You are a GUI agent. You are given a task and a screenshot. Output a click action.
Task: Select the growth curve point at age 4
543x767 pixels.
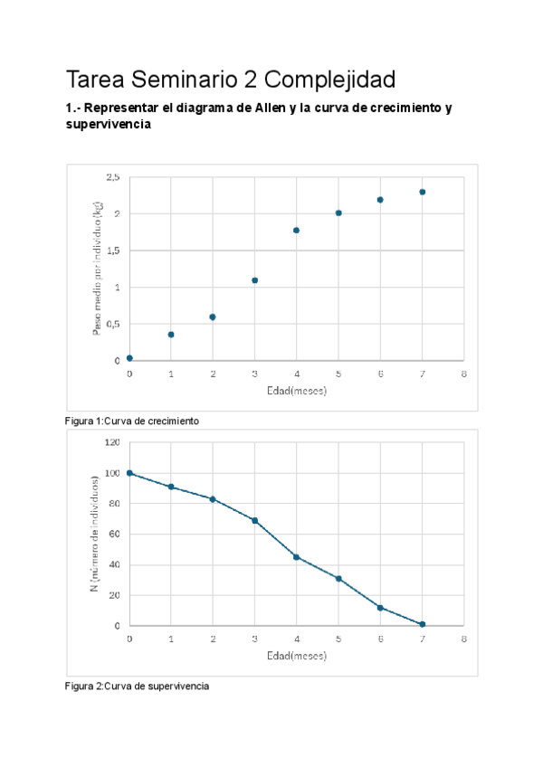tap(297, 231)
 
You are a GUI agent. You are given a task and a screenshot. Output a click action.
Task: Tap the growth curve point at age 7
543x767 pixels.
tap(422, 192)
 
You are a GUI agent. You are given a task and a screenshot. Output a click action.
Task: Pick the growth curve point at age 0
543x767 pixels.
tap(129, 358)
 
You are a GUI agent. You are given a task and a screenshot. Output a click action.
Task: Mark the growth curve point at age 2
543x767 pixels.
tap(213, 317)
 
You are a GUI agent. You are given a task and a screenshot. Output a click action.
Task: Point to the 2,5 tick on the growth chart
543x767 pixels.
tap(113, 177)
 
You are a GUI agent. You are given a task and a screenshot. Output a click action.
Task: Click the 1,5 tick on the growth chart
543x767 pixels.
tap(113, 251)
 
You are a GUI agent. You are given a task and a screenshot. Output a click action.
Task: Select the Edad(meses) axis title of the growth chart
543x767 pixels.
tap(296, 392)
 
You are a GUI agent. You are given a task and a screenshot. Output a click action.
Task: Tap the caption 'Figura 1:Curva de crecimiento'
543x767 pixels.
tap(132, 421)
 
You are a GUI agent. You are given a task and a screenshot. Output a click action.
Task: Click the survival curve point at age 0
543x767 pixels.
tap(129, 473)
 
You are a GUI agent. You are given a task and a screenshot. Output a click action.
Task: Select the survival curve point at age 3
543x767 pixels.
tap(254, 520)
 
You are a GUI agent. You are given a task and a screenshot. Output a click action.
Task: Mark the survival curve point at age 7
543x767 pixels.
tap(422, 624)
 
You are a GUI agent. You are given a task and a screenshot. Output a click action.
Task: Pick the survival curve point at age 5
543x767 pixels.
tap(338, 578)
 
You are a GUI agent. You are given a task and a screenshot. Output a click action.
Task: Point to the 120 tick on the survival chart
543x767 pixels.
tap(112, 442)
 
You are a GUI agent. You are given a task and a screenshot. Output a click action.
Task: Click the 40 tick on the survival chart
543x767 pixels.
tap(114, 565)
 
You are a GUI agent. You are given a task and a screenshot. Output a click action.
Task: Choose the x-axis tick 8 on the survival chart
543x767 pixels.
tap(463, 639)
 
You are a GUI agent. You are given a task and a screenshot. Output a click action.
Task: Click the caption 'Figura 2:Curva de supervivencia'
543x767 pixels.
tap(137, 687)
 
